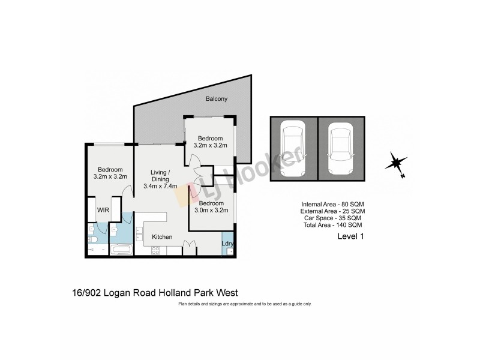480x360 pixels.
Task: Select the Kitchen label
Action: [x=162, y=237]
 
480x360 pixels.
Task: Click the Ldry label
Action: [x=227, y=244]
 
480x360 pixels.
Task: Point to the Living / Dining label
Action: [x=160, y=176]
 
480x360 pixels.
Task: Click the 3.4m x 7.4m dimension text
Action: [x=160, y=186]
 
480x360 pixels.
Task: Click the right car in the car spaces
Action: [x=340, y=149]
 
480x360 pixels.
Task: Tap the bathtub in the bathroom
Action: [x=122, y=248]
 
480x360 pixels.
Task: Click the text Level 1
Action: [x=352, y=237]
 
